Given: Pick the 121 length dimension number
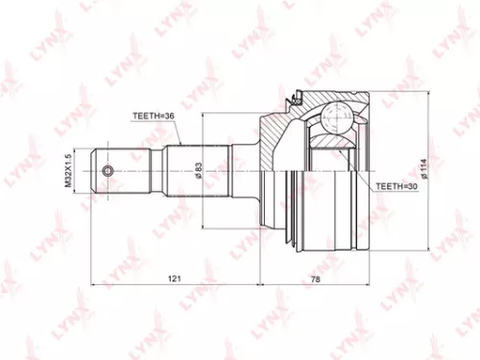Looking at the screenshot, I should point(175,277).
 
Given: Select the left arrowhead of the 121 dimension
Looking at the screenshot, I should point(93,285).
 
